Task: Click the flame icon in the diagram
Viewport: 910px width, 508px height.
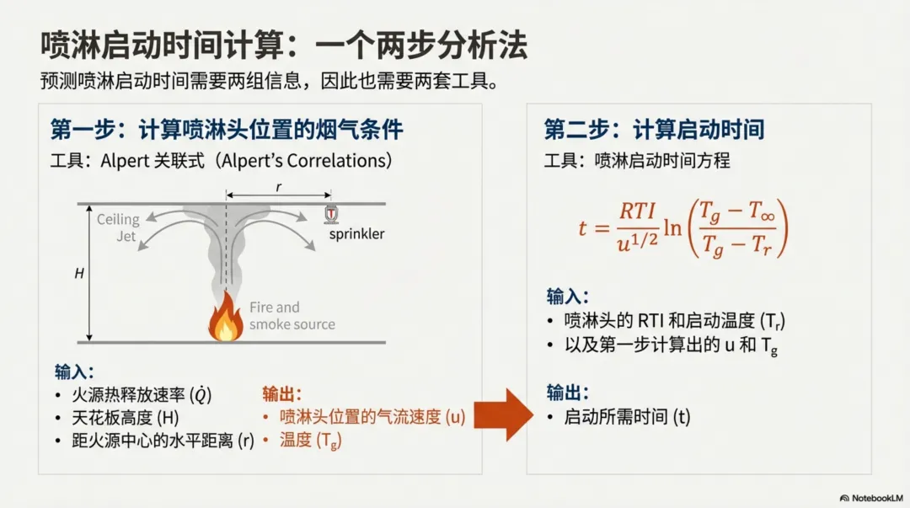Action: click(x=225, y=322)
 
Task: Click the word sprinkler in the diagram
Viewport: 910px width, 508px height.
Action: click(x=356, y=233)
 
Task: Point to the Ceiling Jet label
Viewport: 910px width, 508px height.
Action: click(x=117, y=227)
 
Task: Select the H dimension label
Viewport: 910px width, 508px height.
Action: click(x=79, y=273)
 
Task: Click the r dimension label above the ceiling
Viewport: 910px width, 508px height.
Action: click(x=278, y=188)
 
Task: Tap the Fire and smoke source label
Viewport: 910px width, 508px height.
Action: click(x=292, y=316)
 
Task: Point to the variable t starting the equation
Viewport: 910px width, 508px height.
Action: click(x=583, y=228)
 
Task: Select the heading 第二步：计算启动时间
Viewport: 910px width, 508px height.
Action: click(x=654, y=130)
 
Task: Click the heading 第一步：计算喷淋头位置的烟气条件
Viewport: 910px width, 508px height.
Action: click(x=227, y=130)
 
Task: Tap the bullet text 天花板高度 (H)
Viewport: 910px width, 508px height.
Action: click(x=126, y=417)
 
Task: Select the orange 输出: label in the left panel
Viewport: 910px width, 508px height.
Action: click(x=281, y=393)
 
